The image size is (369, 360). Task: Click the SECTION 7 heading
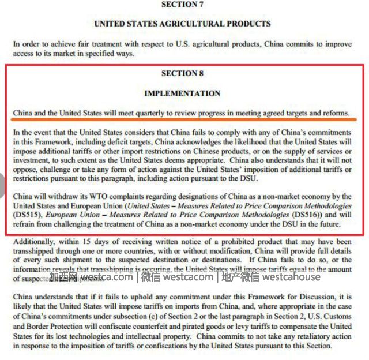point(182,5)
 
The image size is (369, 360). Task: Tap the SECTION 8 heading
point(182,73)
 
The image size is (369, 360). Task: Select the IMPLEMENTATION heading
point(182,93)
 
